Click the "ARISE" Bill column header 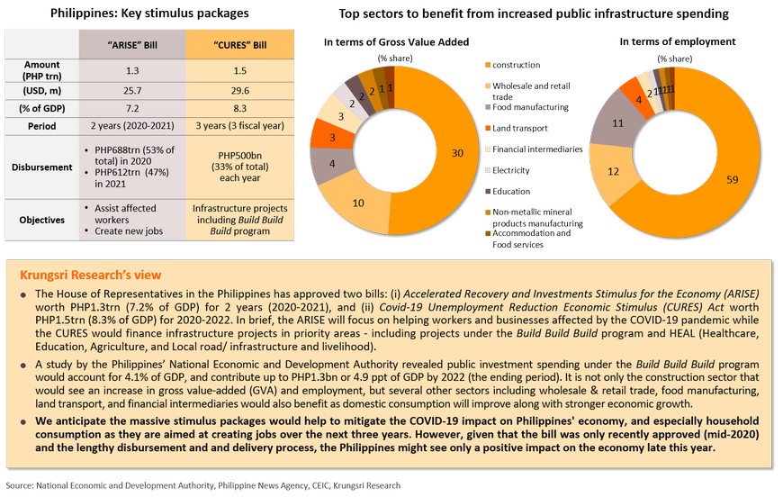(133, 44)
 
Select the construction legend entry (516, 65)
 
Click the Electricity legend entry (513, 170)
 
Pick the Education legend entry (512, 191)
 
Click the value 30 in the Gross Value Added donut (457, 153)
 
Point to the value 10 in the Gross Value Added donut (357, 203)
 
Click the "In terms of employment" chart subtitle (678, 41)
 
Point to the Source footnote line (203, 484)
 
